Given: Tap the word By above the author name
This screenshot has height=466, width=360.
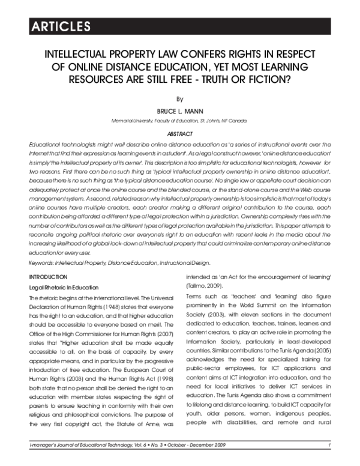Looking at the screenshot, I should (x=179, y=98).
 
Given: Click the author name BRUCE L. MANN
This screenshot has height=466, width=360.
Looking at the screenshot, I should (x=179, y=111).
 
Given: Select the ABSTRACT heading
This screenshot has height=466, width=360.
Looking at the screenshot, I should (x=179, y=134).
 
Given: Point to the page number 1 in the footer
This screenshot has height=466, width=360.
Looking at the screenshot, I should (x=330, y=461).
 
